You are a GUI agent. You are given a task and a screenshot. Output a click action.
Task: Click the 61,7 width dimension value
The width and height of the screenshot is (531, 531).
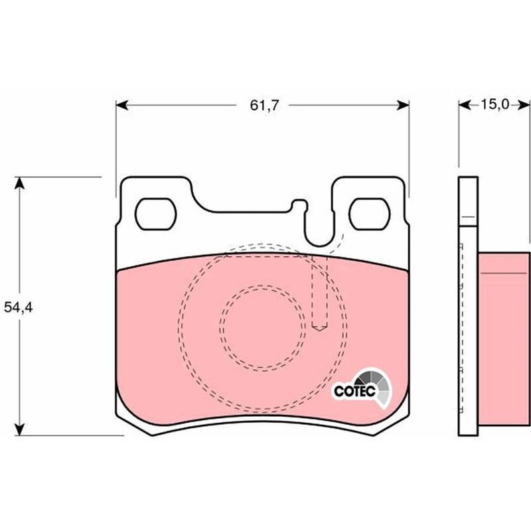pos(264,106)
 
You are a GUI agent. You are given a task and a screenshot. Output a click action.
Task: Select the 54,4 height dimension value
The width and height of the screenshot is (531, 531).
pos(19,307)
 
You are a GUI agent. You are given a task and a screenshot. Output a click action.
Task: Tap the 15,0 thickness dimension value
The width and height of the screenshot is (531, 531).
pos(494,105)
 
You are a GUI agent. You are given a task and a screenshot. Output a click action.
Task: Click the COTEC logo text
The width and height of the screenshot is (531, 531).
pos(354,391)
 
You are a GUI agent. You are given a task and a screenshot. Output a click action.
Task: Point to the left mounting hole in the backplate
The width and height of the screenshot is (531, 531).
pos(156,214)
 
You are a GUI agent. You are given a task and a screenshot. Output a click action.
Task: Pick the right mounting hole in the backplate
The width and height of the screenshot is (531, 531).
pos(370,214)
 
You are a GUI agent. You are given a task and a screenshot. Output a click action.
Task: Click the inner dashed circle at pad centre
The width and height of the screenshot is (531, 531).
pos(262,327)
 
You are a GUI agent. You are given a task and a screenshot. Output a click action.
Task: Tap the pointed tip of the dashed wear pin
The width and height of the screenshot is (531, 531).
pos(319,330)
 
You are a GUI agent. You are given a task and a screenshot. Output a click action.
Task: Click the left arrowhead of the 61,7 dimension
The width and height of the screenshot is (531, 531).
pos(122,106)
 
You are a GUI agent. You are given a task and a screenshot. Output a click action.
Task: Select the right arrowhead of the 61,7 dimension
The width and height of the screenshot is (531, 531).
pos(403,106)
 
